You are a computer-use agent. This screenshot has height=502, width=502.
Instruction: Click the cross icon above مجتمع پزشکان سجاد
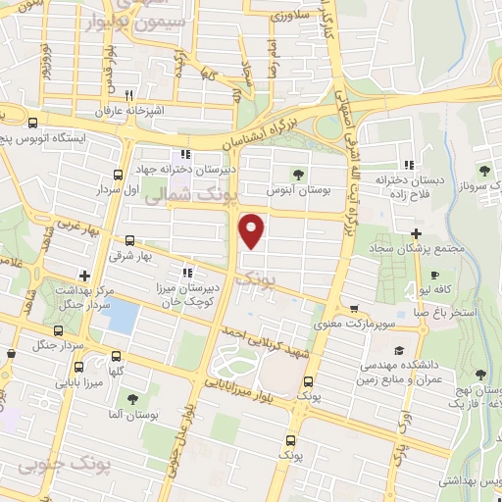pyautogui.click(x=417, y=233)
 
